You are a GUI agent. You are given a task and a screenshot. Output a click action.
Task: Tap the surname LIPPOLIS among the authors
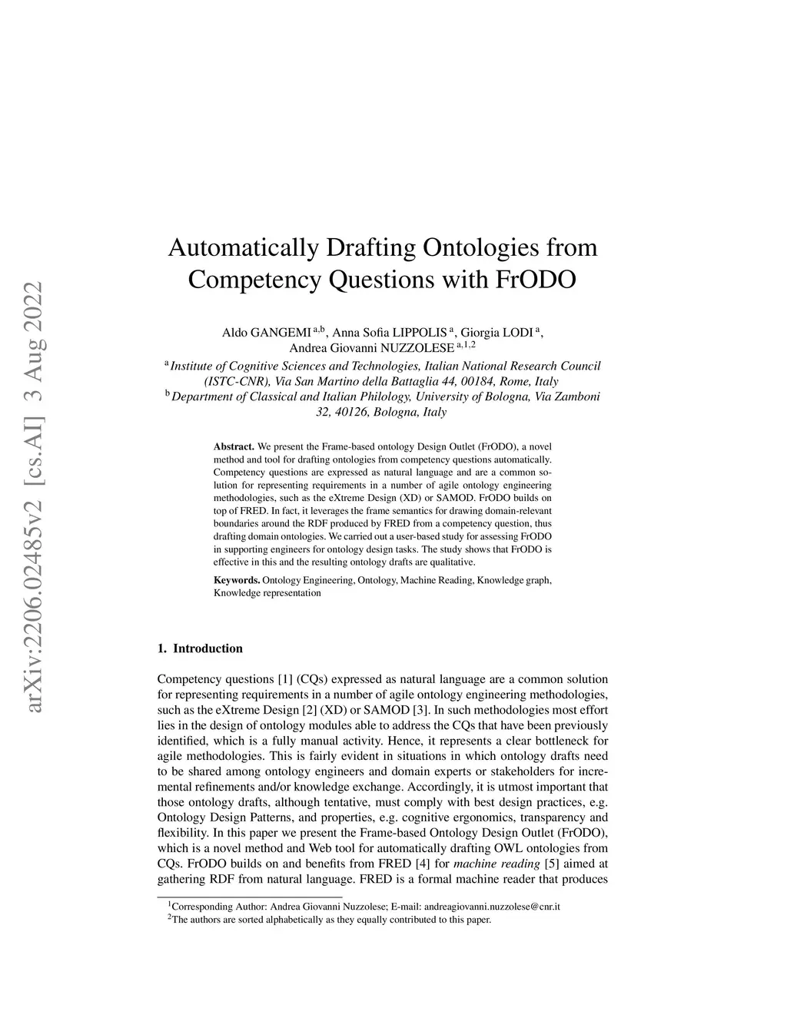click(420, 333)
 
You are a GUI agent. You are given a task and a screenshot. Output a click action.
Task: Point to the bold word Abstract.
click(234, 446)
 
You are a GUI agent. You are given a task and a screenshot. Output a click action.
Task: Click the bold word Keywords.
click(237, 580)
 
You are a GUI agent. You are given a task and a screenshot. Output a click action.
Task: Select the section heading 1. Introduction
click(200, 648)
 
